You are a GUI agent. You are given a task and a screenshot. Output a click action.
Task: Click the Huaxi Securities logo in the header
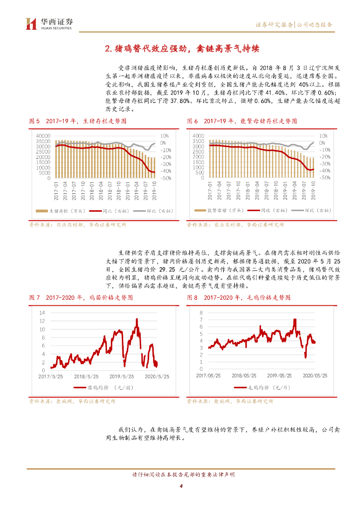[49, 23]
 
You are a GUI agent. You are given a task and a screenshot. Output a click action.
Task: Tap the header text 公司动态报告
[315, 25]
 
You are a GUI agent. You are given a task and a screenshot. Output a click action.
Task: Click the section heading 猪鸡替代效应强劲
[180, 49]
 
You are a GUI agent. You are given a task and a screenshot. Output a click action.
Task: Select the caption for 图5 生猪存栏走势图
[77, 121]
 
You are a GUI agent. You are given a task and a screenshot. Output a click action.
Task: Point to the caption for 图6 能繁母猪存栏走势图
[242, 121]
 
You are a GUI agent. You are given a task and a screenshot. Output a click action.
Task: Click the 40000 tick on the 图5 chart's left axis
[43, 135]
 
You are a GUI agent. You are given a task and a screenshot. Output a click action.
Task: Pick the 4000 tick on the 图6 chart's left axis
[198, 135]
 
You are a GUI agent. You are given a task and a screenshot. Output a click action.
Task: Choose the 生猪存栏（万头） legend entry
[69, 211]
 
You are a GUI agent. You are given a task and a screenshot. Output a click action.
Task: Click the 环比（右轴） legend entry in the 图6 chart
[310, 211]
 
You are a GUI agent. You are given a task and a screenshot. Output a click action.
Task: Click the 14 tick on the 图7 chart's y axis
[42, 313]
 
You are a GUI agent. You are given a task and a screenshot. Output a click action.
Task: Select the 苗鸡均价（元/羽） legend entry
[99, 387]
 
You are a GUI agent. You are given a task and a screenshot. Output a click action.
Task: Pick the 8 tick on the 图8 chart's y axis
[201, 313]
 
